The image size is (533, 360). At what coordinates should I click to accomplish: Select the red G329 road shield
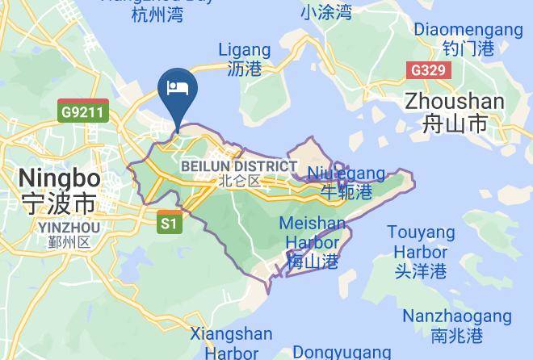(427, 70)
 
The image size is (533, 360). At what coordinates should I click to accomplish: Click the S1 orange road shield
(169, 223)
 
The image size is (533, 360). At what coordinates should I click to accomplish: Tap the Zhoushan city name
(455, 102)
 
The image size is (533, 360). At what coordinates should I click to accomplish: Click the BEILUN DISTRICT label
(239, 166)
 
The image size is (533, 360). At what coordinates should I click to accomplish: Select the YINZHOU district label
(69, 228)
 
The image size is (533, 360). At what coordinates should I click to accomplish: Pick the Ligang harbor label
(244, 50)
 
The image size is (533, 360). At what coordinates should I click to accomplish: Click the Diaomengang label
(468, 30)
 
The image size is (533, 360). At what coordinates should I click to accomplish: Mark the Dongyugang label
(342, 352)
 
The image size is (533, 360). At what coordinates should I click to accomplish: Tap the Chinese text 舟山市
(455, 123)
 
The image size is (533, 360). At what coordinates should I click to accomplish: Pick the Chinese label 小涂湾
(326, 12)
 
